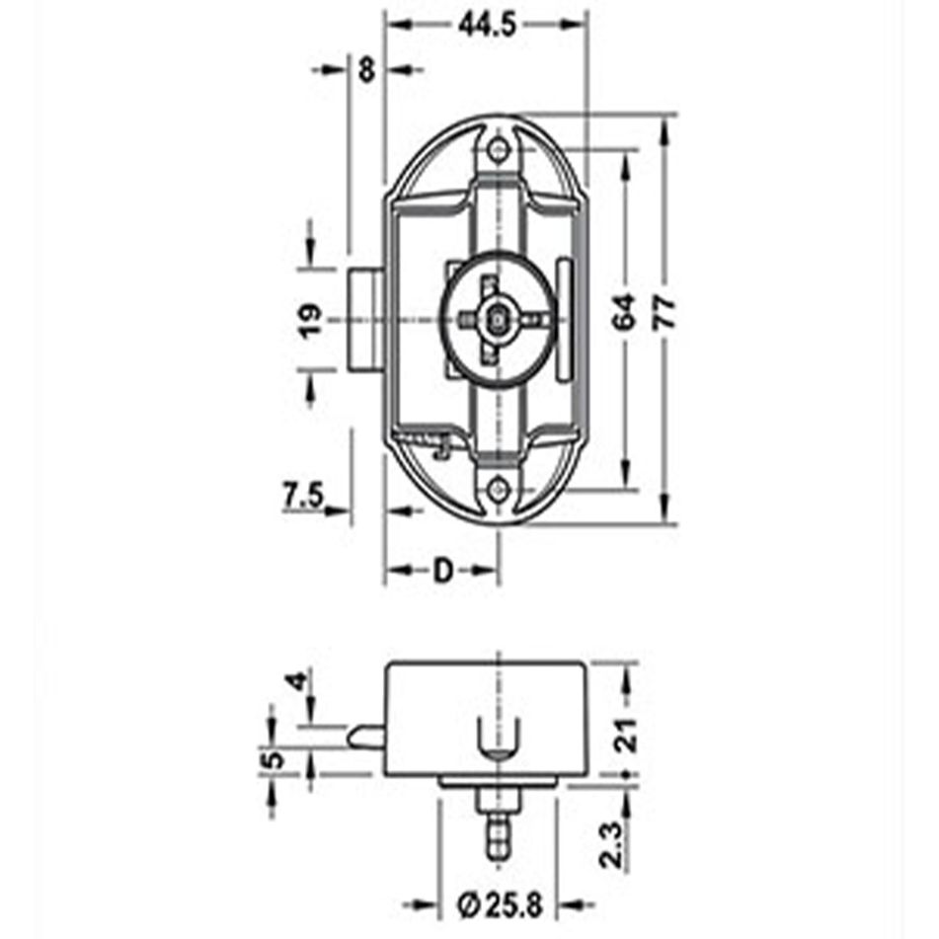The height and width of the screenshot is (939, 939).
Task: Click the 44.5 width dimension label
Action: coord(487,27)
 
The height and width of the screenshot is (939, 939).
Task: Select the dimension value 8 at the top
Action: coord(367,69)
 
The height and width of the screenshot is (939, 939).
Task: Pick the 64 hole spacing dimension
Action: coord(623,315)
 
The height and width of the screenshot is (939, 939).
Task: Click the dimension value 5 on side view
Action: coord(275,760)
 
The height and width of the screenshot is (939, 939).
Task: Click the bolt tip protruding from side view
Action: coord(361,735)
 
